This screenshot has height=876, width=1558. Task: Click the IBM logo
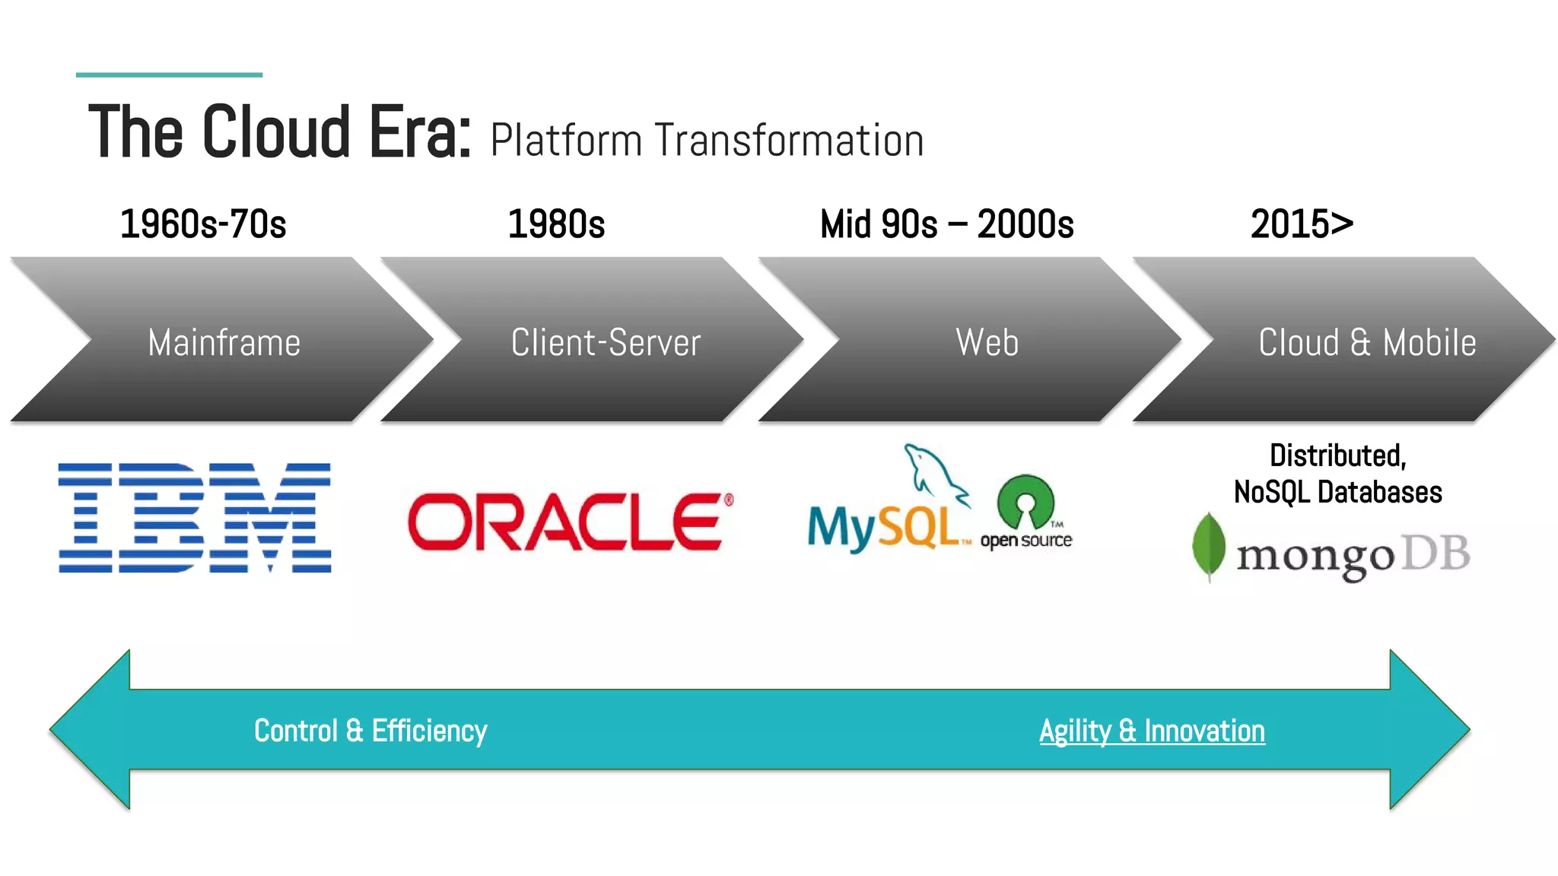(x=195, y=517)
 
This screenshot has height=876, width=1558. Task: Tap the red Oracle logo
(x=569, y=521)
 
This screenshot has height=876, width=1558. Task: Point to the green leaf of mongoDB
(x=1208, y=546)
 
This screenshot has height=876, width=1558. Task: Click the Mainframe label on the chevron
(x=224, y=342)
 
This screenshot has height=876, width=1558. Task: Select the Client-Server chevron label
(x=606, y=342)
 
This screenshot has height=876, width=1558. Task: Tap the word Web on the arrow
(x=987, y=342)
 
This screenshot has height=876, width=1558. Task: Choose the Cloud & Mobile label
(x=1367, y=342)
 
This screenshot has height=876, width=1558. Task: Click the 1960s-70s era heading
(x=203, y=224)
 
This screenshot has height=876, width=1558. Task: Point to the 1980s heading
(x=556, y=224)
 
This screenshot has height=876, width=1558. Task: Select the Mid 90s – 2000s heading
(x=946, y=224)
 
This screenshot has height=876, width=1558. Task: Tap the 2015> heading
(x=1302, y=224)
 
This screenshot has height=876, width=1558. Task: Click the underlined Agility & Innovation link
(x=1152, y=731)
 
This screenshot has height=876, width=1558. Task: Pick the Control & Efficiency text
(x=370, y=731)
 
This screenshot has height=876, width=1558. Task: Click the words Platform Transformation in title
(x=707, y=141)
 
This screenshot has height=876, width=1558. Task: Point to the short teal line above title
(x=169, y=75)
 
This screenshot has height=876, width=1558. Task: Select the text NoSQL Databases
(x=1337, y=492)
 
